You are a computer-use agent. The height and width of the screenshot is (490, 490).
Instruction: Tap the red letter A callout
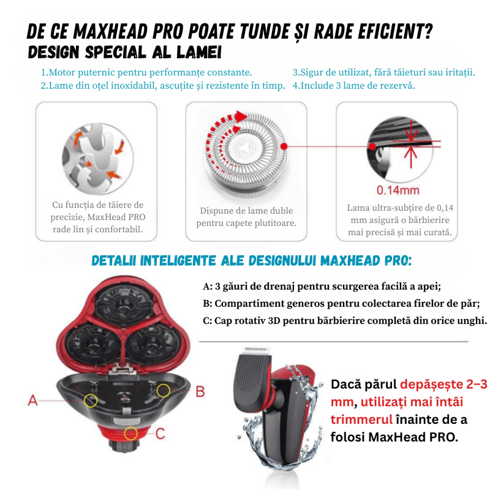[34, 401]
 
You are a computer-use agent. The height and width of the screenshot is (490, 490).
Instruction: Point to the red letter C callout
[160, 434]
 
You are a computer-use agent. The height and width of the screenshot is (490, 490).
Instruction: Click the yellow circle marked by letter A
[91, 401]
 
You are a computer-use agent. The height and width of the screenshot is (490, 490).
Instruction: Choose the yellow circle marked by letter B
[163, 390]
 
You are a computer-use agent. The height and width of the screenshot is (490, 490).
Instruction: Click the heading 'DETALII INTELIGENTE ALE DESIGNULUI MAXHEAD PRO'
[251, 261]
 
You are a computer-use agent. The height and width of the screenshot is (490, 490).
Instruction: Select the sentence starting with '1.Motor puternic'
[146, 73]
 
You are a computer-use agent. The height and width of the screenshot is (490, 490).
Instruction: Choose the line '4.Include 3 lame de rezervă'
[353, 86]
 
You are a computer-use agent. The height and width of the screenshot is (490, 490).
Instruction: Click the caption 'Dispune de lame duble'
[246, 211]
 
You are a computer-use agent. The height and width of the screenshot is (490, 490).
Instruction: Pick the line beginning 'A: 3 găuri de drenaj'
[322, 287]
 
